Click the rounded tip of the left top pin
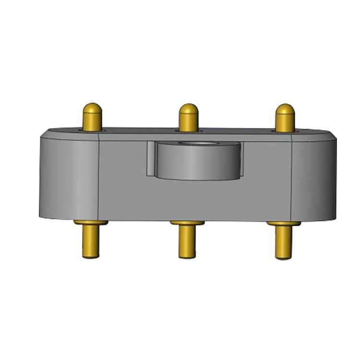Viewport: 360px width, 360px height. click(92, 109)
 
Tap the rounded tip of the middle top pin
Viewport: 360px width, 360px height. click(188, 110)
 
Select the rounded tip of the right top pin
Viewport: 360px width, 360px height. click(285, 110)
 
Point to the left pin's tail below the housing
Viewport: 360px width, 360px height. click(91, 242)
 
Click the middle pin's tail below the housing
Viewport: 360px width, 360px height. click(187, 242)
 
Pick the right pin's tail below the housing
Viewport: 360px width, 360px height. click(284, 243)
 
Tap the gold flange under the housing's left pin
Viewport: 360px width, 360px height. click(91, 223)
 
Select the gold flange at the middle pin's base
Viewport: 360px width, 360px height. click(187, 223)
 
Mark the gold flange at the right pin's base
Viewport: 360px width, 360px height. click(284, 224)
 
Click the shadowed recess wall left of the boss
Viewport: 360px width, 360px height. click(151, 158)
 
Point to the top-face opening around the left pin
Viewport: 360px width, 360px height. click(92, 130)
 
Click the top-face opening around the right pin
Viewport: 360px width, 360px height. click(285, 131)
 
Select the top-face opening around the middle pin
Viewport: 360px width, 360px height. click(188, 131)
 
